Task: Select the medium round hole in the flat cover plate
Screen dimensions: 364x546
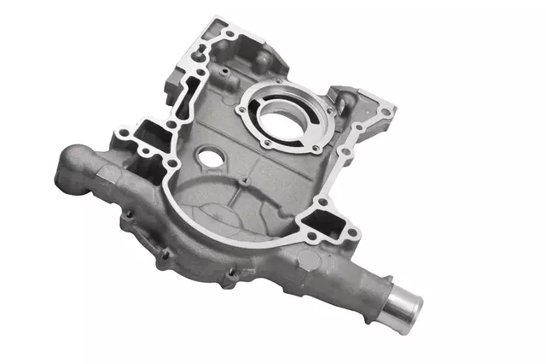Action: point(208,159)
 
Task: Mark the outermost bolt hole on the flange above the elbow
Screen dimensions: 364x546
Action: point(121,133)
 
